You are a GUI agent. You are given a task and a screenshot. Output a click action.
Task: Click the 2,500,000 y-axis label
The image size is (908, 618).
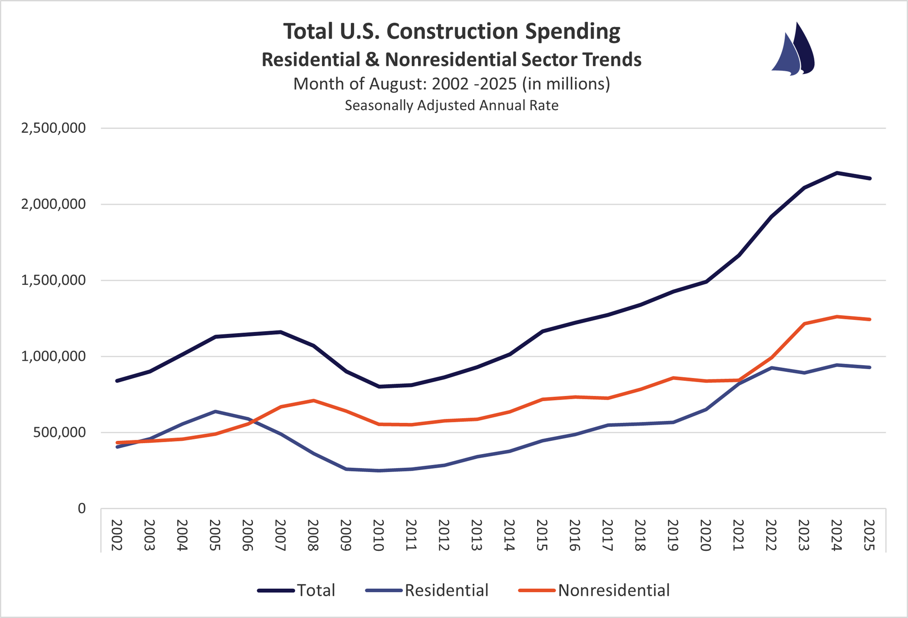point(53,128)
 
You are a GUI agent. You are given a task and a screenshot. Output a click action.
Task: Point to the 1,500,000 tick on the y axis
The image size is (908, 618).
point(53,280)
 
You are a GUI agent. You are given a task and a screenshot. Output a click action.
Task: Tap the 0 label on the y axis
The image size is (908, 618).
point(82,508)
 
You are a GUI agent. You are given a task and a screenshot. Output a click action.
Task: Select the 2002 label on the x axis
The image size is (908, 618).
point(116,535)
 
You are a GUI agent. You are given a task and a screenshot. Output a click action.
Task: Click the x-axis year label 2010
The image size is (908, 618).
point(378,535)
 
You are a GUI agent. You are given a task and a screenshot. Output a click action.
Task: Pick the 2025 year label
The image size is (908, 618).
point(869,535)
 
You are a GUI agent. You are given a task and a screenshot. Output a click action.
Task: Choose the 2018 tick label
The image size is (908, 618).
point(640,535)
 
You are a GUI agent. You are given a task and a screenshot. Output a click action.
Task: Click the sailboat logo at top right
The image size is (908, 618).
point(793,50)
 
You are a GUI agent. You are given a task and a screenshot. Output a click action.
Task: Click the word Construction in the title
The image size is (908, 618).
point(452,32)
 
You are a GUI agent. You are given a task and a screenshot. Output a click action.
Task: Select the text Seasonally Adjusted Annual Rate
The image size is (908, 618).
point(451,105)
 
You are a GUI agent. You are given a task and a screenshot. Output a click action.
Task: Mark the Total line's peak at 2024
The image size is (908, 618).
point(837,173)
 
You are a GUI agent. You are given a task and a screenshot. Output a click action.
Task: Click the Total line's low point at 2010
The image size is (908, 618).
point(379,386)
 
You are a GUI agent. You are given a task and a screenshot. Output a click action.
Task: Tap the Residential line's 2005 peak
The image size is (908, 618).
point(215,412)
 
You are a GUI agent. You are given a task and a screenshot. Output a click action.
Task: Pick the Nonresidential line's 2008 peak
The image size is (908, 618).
point(314,401)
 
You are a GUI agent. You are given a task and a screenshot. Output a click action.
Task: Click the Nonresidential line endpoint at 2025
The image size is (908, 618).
point(869,319)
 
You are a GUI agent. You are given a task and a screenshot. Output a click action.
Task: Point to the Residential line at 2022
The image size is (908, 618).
point(771,368)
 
